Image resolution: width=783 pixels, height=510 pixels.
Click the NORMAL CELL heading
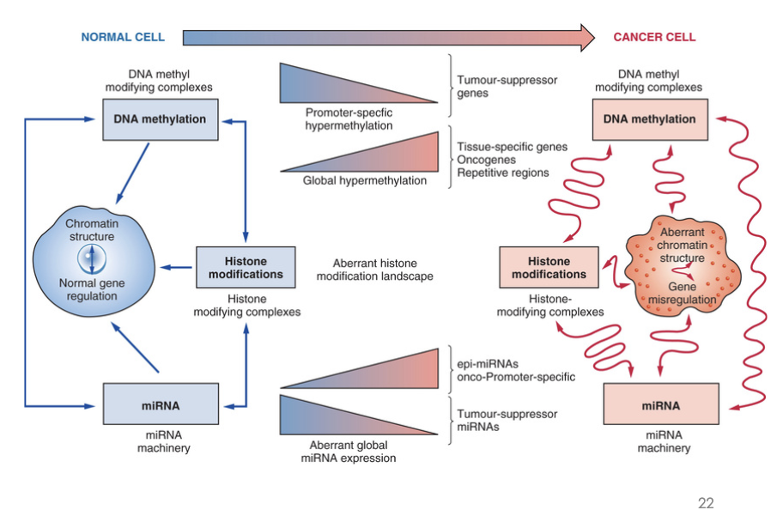123,37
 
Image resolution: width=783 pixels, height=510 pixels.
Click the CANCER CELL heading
653,37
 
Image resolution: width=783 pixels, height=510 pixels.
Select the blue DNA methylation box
160,119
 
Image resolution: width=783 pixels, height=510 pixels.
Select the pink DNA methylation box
650,119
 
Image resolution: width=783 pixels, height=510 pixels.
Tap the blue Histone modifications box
246,267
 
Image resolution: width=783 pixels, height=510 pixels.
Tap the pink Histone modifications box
549,267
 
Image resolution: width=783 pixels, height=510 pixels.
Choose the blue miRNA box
161,404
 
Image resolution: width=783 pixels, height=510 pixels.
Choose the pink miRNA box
660,404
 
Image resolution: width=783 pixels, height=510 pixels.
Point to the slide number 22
706,503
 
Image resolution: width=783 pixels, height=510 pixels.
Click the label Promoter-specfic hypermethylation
349,118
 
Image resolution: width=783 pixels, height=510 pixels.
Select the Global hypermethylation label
365,181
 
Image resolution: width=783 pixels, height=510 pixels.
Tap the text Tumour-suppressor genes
507,86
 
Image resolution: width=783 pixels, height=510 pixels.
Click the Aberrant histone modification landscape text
374,270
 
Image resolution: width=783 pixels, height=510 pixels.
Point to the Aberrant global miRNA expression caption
349,452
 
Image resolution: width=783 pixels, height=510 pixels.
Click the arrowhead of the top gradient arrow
586,37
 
